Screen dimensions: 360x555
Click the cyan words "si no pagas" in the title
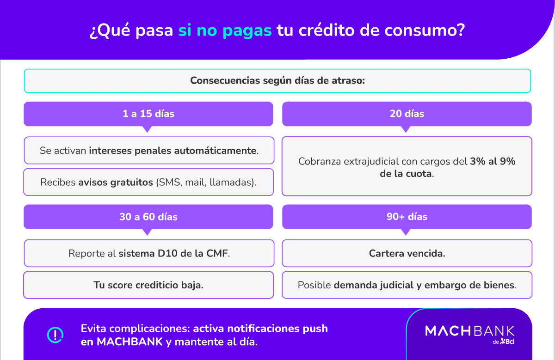tap(225, 31)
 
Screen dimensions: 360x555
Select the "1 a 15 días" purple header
tap(148, 114)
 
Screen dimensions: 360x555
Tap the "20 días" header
tap(407, 114)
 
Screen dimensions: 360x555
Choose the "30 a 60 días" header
tap(148, 217)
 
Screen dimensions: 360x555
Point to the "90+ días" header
tap(407, 217)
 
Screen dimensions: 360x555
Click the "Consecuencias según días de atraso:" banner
tap(277, 80)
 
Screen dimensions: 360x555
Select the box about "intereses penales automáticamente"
tap(149, 150)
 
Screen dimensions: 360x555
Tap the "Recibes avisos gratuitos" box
tap(148, 182)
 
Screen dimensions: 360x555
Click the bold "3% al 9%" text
tap(493, 161)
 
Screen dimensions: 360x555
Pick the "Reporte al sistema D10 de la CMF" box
tap(149, 253)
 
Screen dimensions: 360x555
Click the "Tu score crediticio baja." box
tap(148, 285)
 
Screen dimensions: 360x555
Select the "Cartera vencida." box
tap(407, 253)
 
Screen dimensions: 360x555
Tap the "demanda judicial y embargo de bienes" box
tap(407, 285)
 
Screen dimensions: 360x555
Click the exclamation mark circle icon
tap(55, 335)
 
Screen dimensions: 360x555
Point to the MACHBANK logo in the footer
tap(469, 331)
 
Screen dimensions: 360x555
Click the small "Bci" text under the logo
tap(510, 342)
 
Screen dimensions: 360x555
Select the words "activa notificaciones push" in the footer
tap(260, 329)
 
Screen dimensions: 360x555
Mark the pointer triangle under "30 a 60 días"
tap(148, 232)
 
